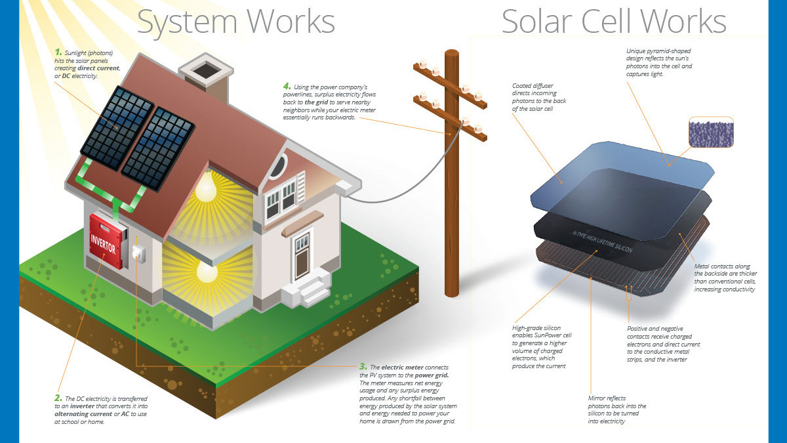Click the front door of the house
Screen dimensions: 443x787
pyautogui.click(x=302, y=257)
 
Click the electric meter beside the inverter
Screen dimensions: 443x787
pyautogui.click(x=138, y=254)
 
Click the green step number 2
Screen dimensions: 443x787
pyautogui.click(x=58, y=398)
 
